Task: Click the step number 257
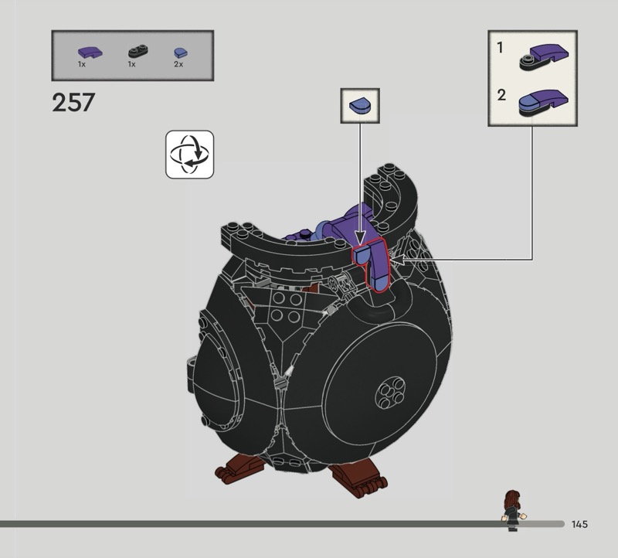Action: click(73, 103)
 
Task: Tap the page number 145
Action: click(580, 524)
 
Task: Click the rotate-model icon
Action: click(189, 155)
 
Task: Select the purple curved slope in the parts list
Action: click(90, 52)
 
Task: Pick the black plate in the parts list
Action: click(138, 52)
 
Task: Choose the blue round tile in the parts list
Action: click(181, 53)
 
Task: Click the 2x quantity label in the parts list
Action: click(178, 64)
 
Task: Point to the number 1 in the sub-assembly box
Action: click(500, 48)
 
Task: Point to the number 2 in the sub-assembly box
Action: click(501, 95)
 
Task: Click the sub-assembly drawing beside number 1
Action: click(544, 57)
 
